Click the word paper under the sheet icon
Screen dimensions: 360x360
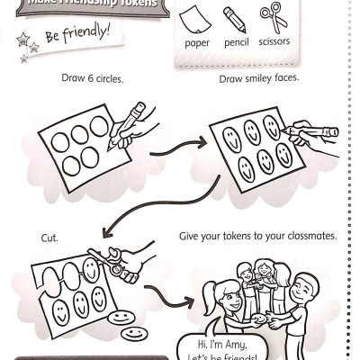[x=197, y=43]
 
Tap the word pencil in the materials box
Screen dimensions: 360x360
[x=237, y=42]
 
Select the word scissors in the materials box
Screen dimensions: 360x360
[x=274, y=41]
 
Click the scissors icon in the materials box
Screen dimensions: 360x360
[x=274, y=17]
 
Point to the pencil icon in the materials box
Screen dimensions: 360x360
[x=235, y=20]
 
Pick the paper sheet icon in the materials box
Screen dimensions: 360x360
[x=195, y=19]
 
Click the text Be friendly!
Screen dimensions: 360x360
[x=77, y=33]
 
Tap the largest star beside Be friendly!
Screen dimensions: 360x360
[x=23, y=40]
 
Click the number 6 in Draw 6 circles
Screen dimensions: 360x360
[x=91, y=78]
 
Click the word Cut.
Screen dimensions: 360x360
[x=49, y=238]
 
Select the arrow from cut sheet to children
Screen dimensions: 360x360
[x=168, y=297]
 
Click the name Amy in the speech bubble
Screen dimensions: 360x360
[x=236, y=345]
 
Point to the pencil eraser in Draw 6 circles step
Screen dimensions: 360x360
[x=139, y=107]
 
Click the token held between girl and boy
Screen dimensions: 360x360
[x=259, y=319]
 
